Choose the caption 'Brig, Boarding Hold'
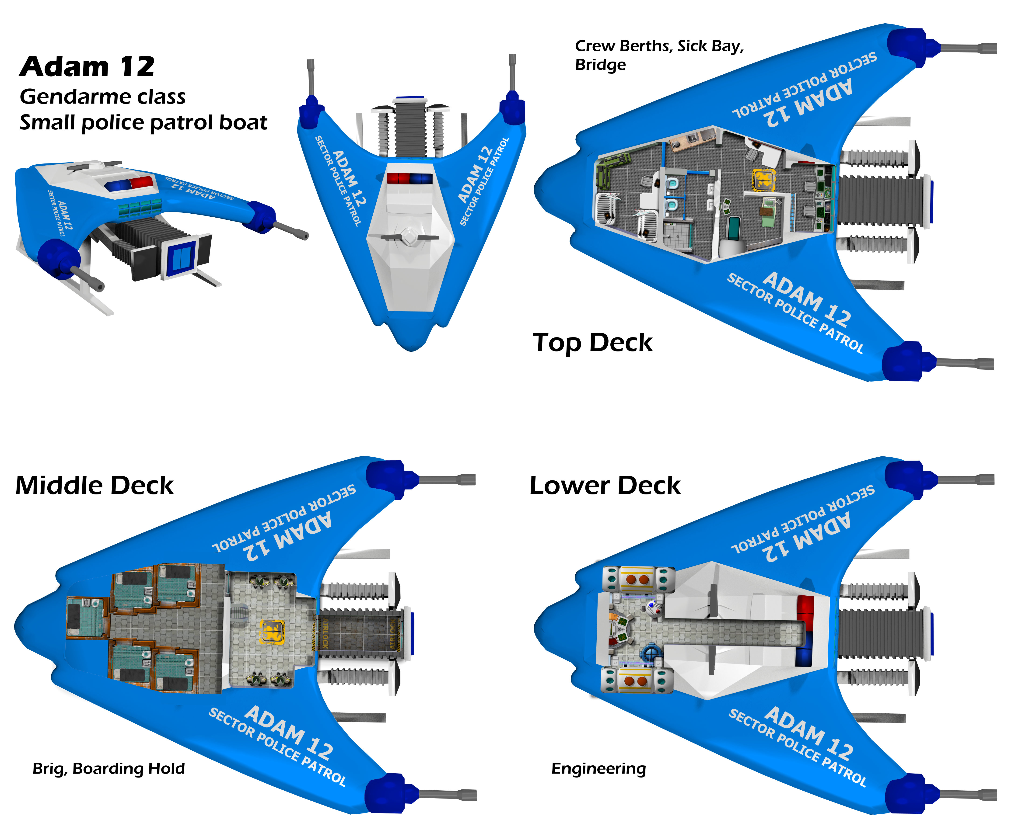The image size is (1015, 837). pos(108,768)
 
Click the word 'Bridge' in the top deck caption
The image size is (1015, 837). pos(600,65)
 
